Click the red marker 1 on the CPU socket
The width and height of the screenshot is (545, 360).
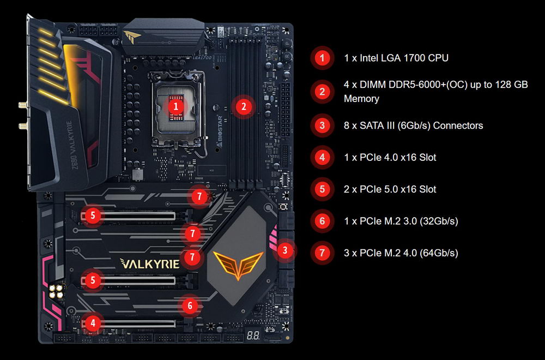coord(176,106)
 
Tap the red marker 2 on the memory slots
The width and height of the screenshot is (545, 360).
coord(243,107)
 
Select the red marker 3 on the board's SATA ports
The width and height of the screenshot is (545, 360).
coord(285,250)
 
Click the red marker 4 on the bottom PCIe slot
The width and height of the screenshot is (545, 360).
coord(93,323)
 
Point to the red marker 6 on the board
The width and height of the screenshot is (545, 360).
coord(190,306)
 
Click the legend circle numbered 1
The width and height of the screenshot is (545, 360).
coord(322,58)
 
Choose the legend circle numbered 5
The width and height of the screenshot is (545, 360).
coord(322,189)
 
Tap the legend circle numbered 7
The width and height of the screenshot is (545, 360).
coord(322,253)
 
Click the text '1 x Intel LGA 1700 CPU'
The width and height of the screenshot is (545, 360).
coord(396,58)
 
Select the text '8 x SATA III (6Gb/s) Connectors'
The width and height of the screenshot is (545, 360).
coord(413,125)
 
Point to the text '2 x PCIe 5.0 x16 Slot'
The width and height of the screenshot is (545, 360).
coord(390,189)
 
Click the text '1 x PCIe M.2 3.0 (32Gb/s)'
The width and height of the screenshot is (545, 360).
coord(401,221)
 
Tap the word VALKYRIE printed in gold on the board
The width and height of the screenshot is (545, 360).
coord(150,263)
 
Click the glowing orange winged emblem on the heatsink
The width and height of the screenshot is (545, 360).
coord(238,264)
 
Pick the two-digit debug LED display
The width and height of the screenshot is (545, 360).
coord(253,335)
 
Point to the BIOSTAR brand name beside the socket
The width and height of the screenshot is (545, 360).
coord(220,131)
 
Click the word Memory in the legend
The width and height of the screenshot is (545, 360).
coord(361,99)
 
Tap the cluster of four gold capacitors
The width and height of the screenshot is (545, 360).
coord(56,291)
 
